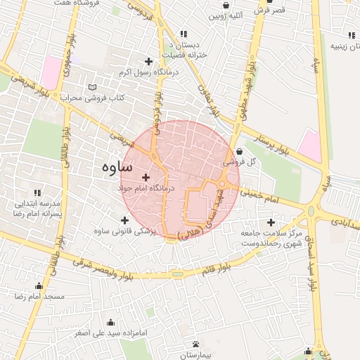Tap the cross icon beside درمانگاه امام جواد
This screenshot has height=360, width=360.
[146, 177]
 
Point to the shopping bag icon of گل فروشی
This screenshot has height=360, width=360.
[239, 150]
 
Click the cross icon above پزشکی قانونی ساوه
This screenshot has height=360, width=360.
[125, 220]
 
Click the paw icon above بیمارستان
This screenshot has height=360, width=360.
[195, 344]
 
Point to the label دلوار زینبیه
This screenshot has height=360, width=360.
[339, 47]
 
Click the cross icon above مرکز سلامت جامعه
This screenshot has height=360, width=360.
[271, 222]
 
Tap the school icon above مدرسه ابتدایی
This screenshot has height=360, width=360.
[37, 193]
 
